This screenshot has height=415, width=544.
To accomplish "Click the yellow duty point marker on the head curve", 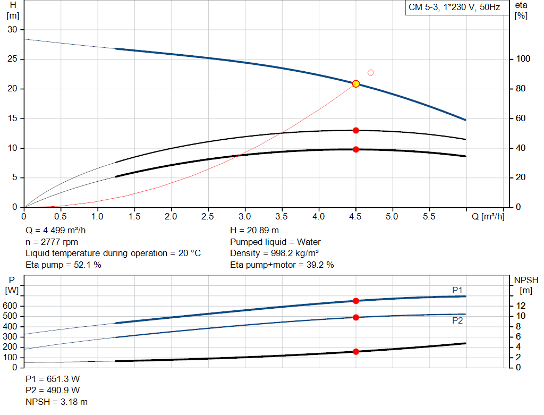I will coord(356,83).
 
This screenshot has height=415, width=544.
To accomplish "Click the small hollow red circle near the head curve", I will coord(371,72).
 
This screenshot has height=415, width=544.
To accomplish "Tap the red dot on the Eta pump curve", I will coord(356,130).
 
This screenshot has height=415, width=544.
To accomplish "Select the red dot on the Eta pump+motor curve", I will coord(356,149).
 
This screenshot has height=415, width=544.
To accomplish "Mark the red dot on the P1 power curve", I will coord(356,301).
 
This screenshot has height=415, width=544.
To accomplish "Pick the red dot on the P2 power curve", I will coord(356,317).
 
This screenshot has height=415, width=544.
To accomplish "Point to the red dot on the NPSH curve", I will coord(356,351).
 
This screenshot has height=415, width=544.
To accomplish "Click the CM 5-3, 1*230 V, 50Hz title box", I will coord(454,8).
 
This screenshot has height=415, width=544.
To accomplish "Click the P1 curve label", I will coord(457,290).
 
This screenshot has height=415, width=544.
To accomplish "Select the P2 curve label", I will coord(457,321).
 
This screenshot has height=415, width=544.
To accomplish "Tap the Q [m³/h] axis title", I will coord(488,217).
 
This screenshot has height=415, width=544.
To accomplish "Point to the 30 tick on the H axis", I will coord(12,29).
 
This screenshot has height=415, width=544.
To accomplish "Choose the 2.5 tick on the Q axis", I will coord(208,217).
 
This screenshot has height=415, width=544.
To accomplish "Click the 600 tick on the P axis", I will coord(12,306).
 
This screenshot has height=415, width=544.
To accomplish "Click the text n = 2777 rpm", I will coord(52,242).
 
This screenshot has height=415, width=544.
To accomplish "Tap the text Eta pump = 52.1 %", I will coord(63,265).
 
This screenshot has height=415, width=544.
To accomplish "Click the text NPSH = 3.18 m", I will coord(57,402).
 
